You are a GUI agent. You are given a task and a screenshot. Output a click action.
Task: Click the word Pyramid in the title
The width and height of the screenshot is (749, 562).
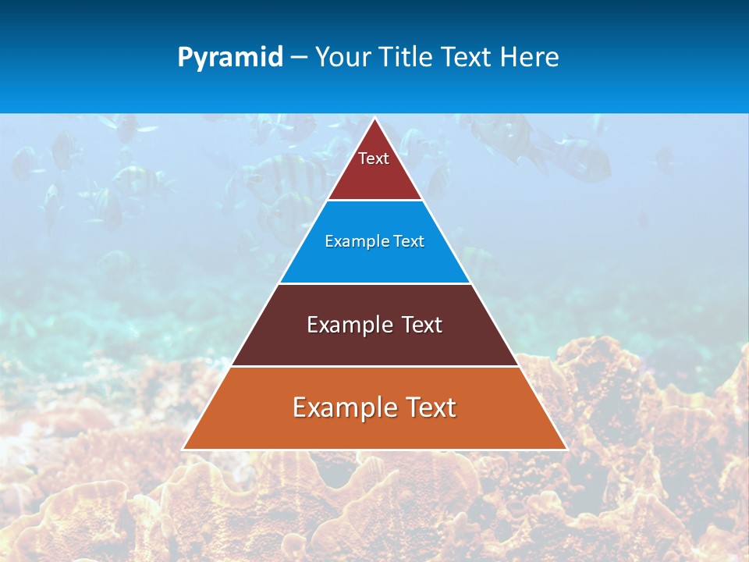tap(230, 58)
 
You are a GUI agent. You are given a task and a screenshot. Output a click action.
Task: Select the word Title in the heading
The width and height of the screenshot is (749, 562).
tap(396, 58)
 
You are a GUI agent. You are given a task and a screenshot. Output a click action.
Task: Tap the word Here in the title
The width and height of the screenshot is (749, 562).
tap(530, 58)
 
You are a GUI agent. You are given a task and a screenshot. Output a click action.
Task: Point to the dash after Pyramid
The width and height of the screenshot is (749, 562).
tap(299, 58)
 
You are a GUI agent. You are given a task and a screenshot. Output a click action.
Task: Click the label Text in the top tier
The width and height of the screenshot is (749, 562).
tap(374, 158)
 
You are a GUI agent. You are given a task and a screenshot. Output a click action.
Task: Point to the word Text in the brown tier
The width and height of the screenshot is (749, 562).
tap(421, 325)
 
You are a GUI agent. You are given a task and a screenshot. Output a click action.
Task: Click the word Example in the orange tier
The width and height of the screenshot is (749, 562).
tap(344, 407)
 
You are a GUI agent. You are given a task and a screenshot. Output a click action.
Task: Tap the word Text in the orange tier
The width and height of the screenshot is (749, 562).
tap(431, 407)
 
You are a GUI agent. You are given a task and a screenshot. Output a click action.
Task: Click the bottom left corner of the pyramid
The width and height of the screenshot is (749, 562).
tap(183, 449)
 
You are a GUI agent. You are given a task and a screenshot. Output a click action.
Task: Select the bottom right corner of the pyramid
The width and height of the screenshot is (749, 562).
tap(566, 449)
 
